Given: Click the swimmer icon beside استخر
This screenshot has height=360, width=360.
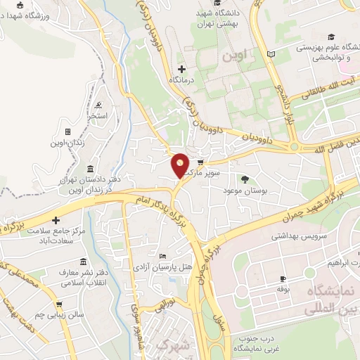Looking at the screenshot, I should [x=94, y=103].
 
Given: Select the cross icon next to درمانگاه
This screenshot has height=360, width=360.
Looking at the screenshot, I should [x=182, y=69].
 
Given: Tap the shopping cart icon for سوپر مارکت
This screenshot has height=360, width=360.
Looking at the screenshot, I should [x=209, y=161].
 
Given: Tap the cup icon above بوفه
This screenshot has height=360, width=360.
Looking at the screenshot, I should [x=283, y=278].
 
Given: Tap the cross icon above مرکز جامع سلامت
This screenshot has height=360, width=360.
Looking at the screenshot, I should [x=56, y=221].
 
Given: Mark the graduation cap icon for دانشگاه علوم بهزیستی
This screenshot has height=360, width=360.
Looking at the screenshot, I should [x=331, y=37].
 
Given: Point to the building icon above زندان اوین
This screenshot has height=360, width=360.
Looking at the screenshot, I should [x=67, y=131].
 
